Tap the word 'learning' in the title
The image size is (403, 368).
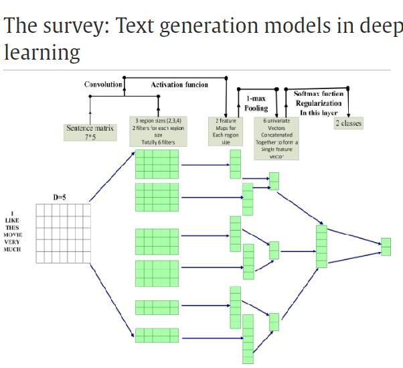[x=42, y=53]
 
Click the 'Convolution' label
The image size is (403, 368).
[x=103, y=84]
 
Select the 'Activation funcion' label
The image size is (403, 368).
[x=179, y=84]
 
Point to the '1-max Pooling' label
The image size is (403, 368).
[x=256, y=103]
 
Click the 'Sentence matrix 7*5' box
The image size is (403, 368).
[x=90, y=131]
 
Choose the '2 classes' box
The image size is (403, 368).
[x=348, y=123]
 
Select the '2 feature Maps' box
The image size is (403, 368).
[x=226, y=131]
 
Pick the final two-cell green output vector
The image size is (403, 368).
[x=385, y=247]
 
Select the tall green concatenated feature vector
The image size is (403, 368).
[x=321, y=246]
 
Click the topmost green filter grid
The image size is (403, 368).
[x=157, y=164]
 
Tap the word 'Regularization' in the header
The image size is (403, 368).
[x=319, y=103]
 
